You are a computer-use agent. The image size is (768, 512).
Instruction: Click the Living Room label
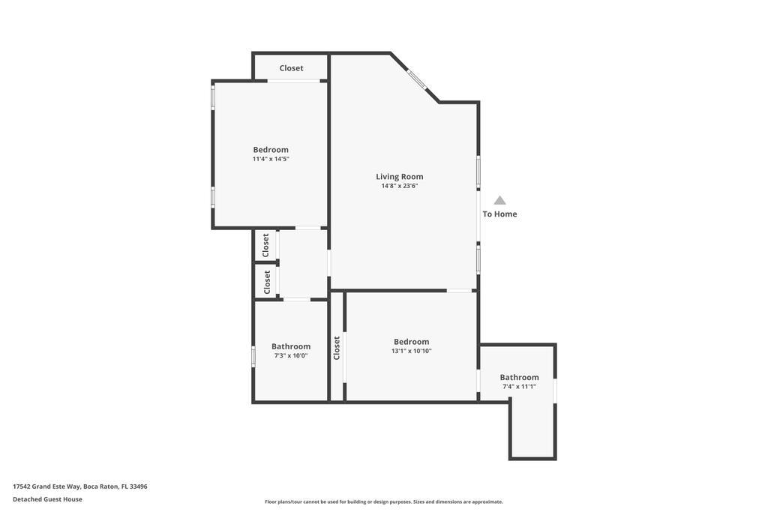tap(400, 177)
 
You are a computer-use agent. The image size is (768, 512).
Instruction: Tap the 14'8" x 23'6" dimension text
tap(400, 186)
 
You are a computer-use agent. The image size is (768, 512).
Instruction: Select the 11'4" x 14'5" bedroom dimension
tap(271, 159)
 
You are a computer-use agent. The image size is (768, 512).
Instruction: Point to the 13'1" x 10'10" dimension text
tap(412, 351)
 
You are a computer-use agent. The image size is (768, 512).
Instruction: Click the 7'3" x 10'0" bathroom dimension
tap(291, 356)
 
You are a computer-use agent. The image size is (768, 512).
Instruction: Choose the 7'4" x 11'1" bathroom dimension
tap(519, 387)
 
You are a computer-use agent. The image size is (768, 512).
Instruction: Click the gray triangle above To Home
tap(499, 200)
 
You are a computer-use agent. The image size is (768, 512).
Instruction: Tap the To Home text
tap(499, 214)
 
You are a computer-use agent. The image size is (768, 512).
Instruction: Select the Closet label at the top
tap(292, 68)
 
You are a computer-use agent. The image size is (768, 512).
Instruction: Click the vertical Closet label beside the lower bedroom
tap(337, 348)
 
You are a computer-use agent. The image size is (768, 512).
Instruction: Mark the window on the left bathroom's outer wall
tap(253, 356)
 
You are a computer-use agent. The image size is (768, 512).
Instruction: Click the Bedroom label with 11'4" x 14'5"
tap(271, 150)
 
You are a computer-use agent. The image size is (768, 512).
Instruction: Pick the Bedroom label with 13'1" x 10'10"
tap(412, 342)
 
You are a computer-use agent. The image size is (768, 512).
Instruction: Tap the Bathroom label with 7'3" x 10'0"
tap(291, 346)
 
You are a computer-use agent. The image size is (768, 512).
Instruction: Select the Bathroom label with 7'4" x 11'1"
tap(519, 377)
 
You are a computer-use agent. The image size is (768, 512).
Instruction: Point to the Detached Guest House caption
tap(47, 499)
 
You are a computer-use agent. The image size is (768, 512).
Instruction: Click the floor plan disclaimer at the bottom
tap(384, 502)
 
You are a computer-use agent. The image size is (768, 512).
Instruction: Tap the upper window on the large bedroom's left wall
tap(213, 97)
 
